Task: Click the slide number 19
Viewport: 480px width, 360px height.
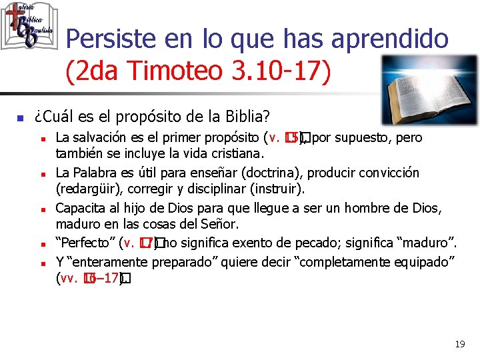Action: (459, 344)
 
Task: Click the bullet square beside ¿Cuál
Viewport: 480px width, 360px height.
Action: (20, 118)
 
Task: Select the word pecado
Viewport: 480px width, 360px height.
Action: (308, 243)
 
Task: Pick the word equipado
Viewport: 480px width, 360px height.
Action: (421, 261)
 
